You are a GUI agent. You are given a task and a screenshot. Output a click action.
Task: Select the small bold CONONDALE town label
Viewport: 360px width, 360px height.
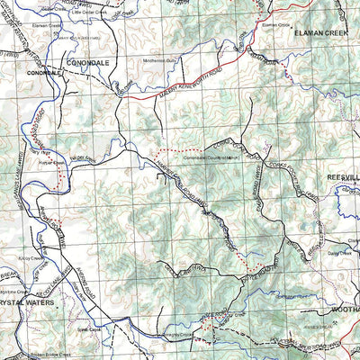click(x=40, y=71)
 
